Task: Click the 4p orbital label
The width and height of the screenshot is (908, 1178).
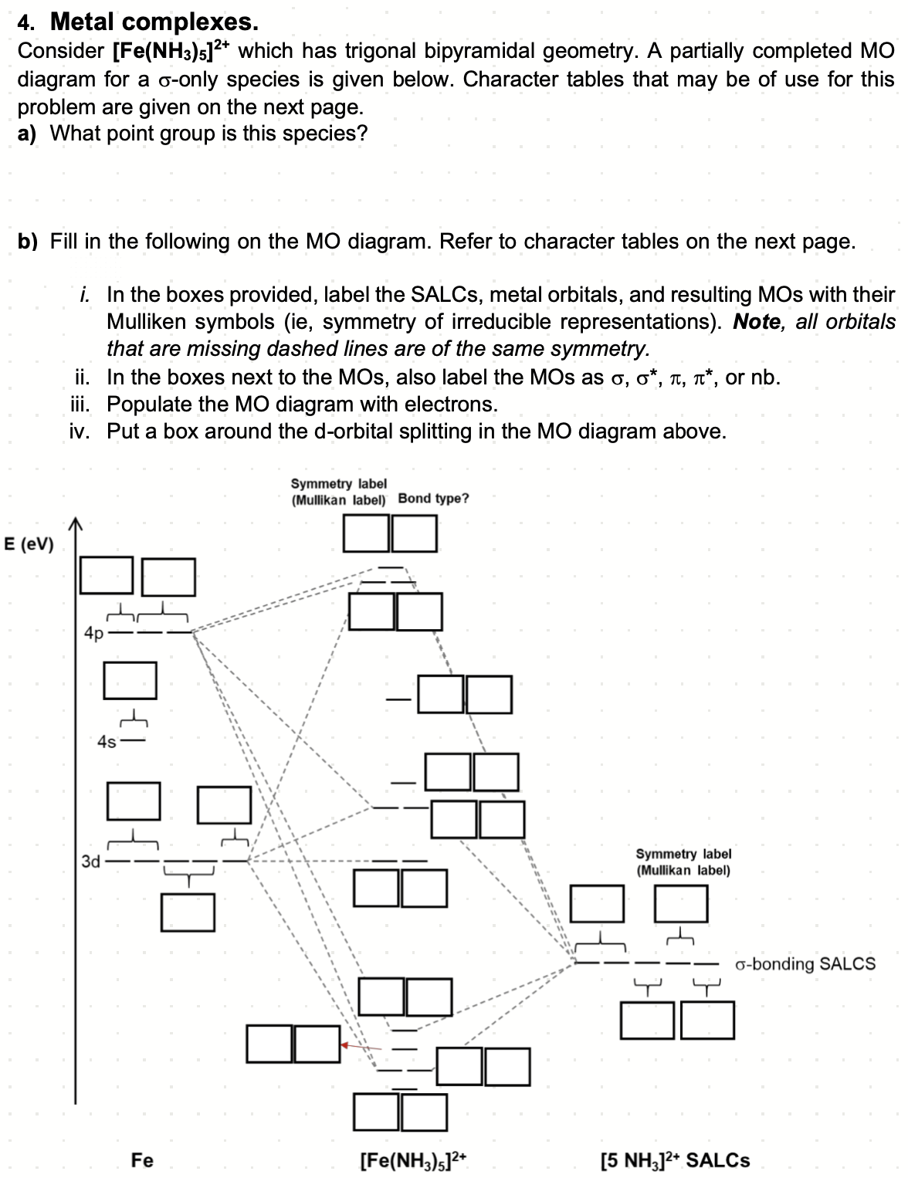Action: click(x=93, y=634)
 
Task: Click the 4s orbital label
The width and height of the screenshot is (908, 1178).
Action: click(x=107, y=742)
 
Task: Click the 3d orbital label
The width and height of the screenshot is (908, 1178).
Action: click(x=91, y=861)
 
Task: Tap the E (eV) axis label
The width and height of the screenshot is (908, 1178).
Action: click(x=29, y=544)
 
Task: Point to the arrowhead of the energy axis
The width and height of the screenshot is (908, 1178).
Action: click(x=75, y=525)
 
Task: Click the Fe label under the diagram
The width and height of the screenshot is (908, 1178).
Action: click(x=142, y=1159)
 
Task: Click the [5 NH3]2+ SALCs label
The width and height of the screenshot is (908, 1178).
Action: click(x=675, y=1159)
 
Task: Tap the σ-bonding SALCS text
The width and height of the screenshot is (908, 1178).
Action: click(x=805, y=963)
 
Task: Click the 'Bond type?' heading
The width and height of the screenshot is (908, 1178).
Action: click(x=433, y=499)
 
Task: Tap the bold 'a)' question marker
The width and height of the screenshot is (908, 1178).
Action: click(x=29, y=134)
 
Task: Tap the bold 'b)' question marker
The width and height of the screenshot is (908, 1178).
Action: click(x=29, y=242)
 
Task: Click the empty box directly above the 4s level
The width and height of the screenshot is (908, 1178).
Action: click(x=130, y=679)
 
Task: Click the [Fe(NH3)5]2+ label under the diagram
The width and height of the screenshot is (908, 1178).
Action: click(x=414, y=1159)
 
